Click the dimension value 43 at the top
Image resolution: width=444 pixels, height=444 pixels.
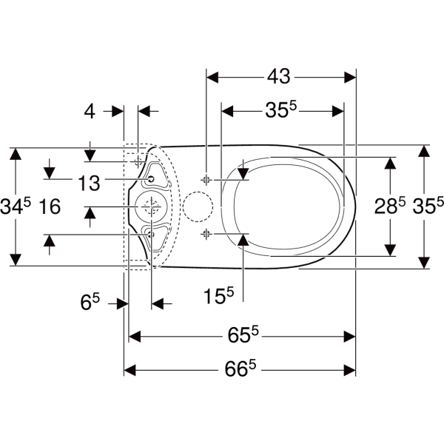coord(279,76)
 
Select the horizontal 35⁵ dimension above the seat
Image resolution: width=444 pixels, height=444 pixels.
coord(280,110)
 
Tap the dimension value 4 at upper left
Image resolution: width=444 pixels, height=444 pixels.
coord(90,111)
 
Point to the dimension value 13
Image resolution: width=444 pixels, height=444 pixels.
coord(89,183)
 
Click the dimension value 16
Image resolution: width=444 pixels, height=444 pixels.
coord(50,206)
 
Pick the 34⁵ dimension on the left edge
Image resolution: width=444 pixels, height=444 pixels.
coord(16,206)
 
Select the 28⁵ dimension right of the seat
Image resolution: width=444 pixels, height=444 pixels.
coord(390,206)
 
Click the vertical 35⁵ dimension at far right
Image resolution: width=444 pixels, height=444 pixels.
coord(428,206)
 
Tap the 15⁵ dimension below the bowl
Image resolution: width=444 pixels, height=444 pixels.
coord(219,296)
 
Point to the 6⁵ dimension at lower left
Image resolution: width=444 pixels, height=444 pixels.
coord(90,302)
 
